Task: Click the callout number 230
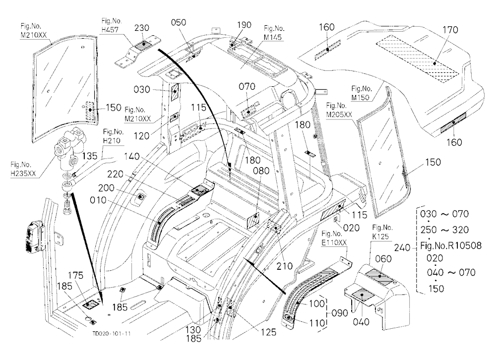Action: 142,28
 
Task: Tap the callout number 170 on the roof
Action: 450,30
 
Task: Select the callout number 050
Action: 179,22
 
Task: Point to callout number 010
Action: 98,200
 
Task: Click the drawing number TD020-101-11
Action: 112,333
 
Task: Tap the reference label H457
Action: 110,30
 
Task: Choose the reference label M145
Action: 272,37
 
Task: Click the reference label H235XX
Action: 23,174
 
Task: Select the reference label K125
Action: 380,237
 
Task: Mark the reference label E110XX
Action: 334,242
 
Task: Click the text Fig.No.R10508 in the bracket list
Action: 451,245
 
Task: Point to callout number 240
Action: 402,247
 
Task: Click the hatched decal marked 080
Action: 253,221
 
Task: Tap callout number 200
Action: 106,188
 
